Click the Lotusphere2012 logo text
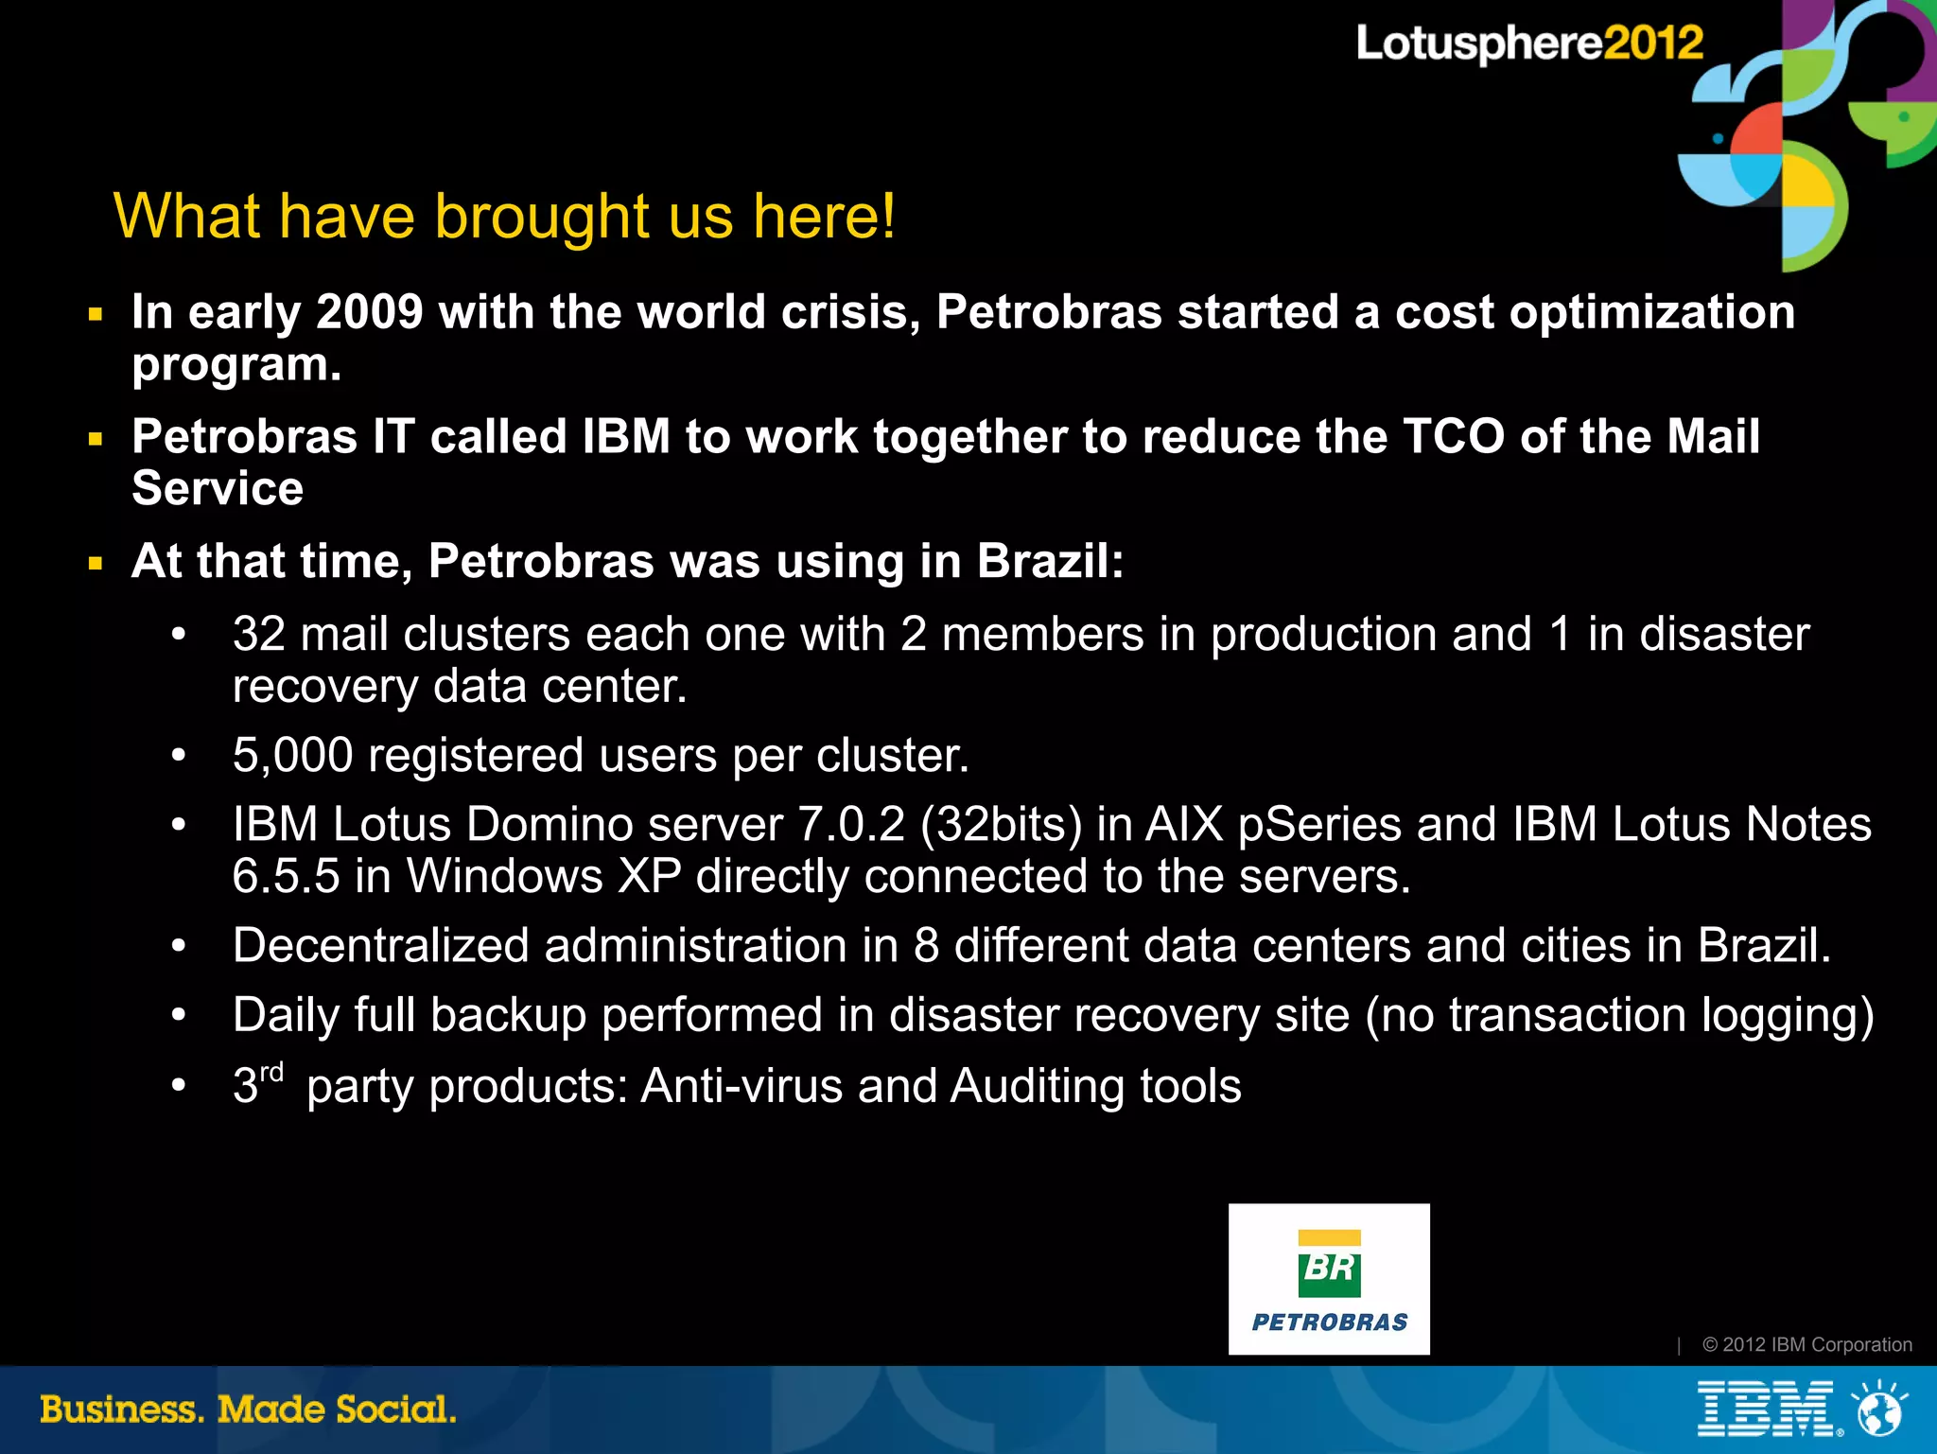pos(1528,44)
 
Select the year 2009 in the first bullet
pos(369,312)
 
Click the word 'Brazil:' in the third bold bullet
pos(1050,561)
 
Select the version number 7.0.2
pos(851,824)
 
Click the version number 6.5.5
pos(286,876)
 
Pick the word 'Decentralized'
pos(380,945)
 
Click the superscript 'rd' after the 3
pos(271,1073)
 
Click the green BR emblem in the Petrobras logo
pos(1329,1264)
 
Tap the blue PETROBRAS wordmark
pos(1329,1323)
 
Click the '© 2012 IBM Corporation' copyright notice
pos(1806,1344)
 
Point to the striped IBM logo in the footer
pos(1765,1410)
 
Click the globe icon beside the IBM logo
pos(1879,1409)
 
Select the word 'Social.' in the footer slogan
pos(395,1410)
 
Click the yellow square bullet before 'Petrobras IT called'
pos(96,439)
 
